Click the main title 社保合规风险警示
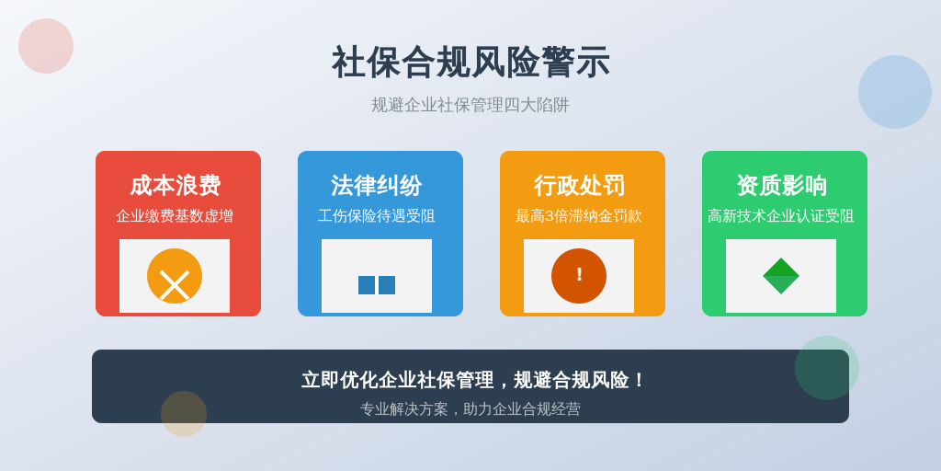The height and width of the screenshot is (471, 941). click(470, 63)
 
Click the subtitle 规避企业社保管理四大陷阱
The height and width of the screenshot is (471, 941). click(470, 105)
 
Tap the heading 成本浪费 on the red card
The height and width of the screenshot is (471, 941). click(176, 185)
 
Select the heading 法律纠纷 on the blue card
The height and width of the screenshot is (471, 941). click(376, 185)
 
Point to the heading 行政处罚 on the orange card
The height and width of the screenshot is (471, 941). click(579, 185)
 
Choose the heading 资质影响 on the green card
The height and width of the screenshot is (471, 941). click(781, 185)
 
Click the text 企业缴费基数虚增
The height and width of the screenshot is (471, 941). click(175, 216)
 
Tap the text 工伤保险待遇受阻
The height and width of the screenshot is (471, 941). click(376, 216)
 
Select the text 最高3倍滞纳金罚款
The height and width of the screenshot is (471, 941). click(579, 216)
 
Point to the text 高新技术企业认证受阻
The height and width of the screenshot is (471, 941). click(781, 216)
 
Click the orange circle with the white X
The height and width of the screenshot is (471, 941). click(175, 276)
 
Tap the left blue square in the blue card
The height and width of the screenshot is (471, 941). click(367, 285)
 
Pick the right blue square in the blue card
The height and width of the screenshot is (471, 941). click(387, 285)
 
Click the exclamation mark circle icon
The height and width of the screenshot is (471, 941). click(579, 276)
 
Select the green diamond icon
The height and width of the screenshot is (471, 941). click(781, 276)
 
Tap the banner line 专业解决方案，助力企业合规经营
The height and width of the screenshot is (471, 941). click(470, 409)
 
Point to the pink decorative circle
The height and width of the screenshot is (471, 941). click(46, 46)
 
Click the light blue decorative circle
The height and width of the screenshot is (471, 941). click(895, 92)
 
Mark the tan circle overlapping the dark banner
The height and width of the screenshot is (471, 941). click(184, 414)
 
